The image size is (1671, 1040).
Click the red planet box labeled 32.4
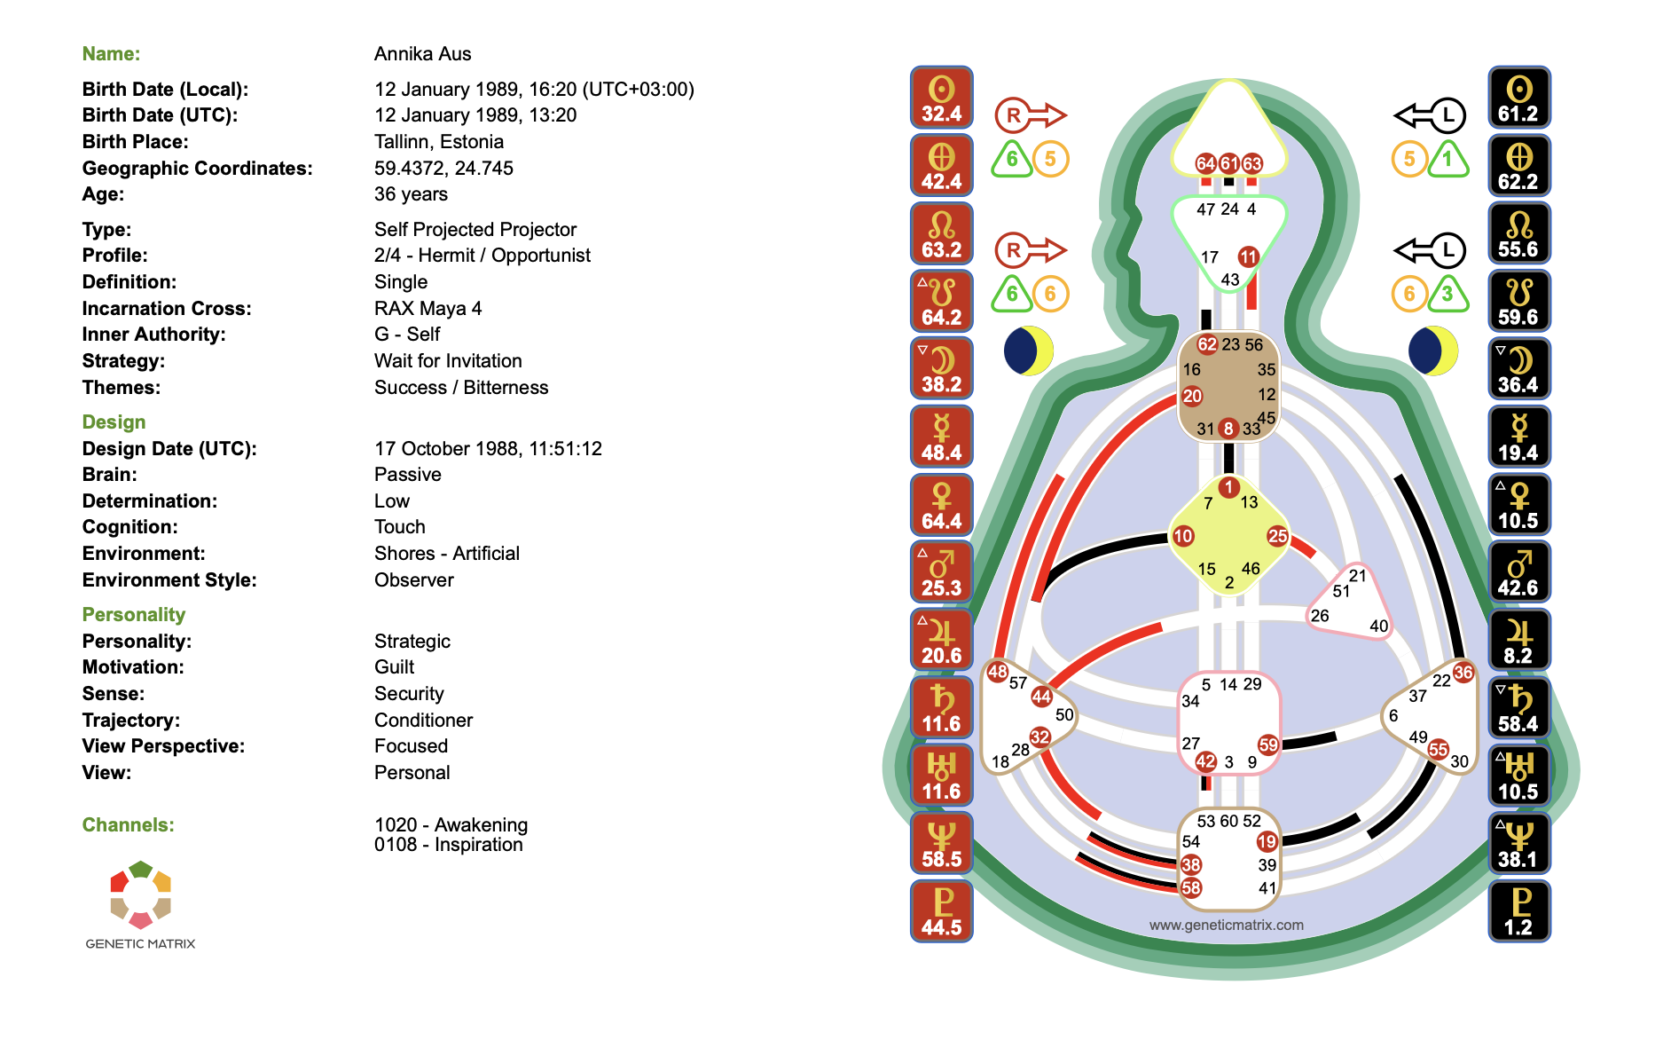tap(941, 98)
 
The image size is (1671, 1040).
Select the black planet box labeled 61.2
tap(1518, 98)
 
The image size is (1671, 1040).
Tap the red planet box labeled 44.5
tap(941, 911)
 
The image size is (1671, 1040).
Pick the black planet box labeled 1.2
tap(1518, 911)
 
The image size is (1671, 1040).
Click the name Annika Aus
tap(422, 54)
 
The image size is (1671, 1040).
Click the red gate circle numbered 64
tap(1205, 163)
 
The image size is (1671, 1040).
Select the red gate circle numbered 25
tap(1277, 536)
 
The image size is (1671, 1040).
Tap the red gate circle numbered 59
tap(1268, 745)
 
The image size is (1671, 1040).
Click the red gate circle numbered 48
tap(998, 672)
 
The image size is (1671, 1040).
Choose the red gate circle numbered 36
tap(1463, 673)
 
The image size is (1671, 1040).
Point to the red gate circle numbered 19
tap(1267, 841)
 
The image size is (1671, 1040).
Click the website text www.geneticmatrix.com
tap(1226, 925)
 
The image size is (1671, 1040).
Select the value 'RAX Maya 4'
tap(428, 309)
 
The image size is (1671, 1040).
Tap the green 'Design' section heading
tap(114, 422)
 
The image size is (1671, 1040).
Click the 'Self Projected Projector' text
tap(475, 230)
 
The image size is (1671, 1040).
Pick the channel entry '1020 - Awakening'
tap(451, 825)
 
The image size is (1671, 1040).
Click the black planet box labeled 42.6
tap(1518, 572)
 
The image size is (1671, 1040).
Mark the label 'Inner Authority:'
tap(153, 335)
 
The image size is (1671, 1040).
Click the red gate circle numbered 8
tap(1228, 429)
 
